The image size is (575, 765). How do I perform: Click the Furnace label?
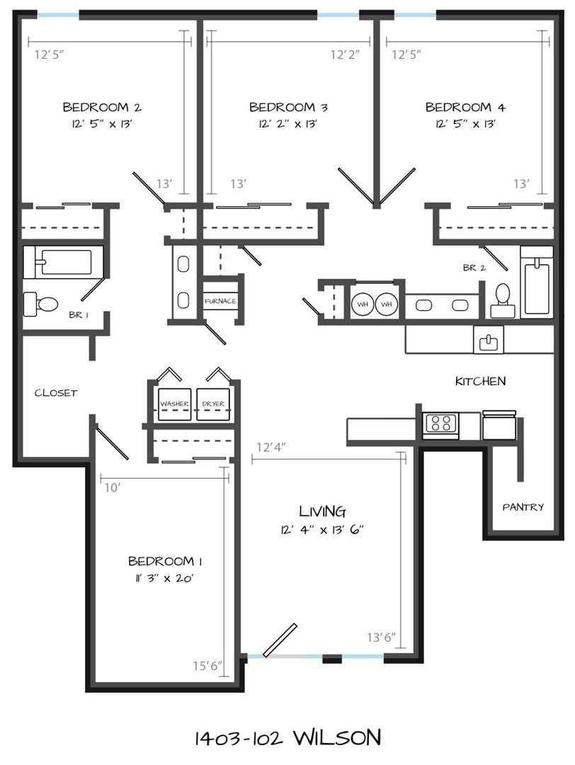[220, 301]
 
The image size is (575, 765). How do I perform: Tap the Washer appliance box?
[175, 404]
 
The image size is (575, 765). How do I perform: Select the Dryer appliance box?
[213, 404]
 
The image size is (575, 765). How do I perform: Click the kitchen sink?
[488, 339]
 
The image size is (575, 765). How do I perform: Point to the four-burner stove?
[440, 423]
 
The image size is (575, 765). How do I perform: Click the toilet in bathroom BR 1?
[41, 304]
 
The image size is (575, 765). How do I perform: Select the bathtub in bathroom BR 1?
[64, 262]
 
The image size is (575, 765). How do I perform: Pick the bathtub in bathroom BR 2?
[537, 282]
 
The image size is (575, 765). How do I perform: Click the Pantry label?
[523, 507]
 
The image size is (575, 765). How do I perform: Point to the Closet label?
[56, 392]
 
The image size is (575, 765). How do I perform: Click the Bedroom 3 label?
[288, 107]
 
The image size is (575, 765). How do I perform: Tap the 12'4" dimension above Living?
[271, 447]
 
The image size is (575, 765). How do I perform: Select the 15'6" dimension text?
[207, 665]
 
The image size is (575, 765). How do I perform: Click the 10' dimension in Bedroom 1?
[112, 487]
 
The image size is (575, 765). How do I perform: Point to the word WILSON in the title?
[337, 737]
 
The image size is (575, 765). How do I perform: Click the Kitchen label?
[480, 381]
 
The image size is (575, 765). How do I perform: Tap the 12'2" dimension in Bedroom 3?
[345, 54]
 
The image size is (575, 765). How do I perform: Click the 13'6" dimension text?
[382, 637]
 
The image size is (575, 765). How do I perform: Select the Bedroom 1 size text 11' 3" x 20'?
[165, 579]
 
